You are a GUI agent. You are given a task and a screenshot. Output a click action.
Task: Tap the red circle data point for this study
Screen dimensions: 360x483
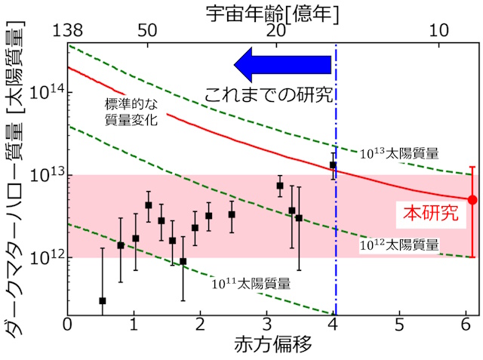pyautogui.click(x=472, y=200)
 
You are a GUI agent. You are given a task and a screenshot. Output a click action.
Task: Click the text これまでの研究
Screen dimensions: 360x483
pyautogui.click(x=269, y=95)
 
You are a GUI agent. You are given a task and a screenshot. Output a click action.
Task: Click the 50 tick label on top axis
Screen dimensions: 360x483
pyautogui.click(x=146, y=30)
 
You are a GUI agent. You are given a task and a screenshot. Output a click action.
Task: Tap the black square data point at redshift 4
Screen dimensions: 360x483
pyautogui.click(x=333, y=165)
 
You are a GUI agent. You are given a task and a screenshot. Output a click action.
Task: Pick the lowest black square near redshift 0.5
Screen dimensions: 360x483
pyautogui.click(x=103, y=300)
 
